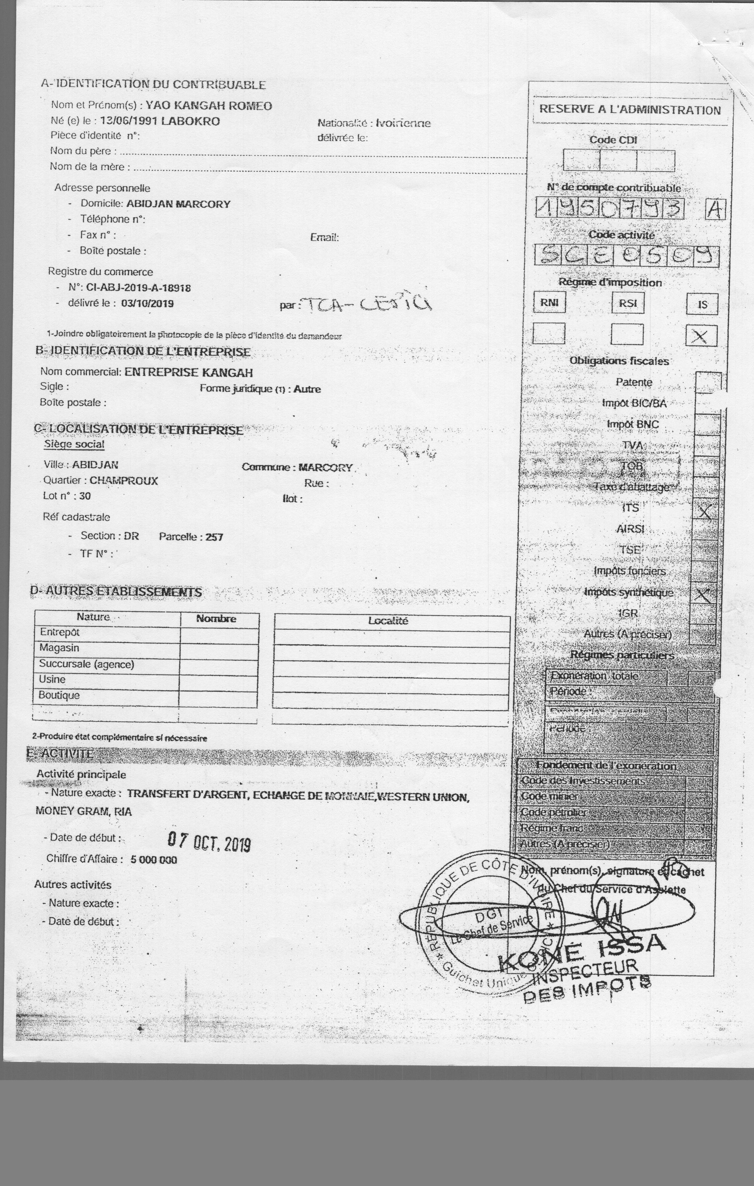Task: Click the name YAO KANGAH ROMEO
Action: [x=208, y=105]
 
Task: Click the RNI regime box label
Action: [x=549, y=303]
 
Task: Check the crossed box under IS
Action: [x=701, y=336]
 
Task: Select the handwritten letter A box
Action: [x=715, y=210]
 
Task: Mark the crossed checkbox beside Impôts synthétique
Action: [x=704, y=596]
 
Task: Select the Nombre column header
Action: [x=216, y=619]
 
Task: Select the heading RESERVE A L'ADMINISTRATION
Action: [x=630, y=110]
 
